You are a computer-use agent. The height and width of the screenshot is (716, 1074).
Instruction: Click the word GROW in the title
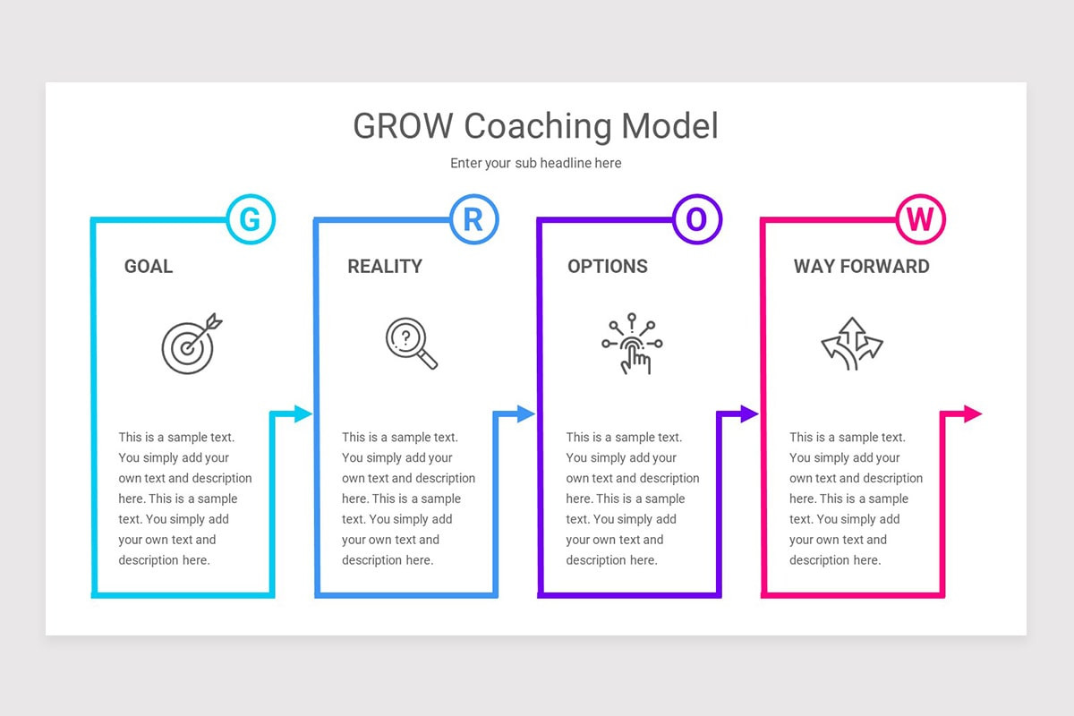click(404, 126)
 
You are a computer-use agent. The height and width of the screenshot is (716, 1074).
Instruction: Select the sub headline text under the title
click(535, 163)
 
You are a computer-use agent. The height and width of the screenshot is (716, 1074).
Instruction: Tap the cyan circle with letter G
click(251, 219)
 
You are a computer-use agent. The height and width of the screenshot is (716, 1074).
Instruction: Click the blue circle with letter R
click(473, 219)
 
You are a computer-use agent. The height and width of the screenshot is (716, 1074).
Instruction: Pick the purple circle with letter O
click(696, 219)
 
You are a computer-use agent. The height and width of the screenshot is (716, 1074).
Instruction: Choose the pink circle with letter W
click(920, 219)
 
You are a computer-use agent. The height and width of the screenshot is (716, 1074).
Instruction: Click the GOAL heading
click(149, 266)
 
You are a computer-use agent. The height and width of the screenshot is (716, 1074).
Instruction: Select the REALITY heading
click(385, 266)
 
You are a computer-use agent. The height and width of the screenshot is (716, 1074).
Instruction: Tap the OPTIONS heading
click(608, 266)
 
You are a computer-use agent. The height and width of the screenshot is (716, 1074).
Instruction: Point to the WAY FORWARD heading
click(861, 266)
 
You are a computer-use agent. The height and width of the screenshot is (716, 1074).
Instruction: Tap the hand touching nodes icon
click(632, 344)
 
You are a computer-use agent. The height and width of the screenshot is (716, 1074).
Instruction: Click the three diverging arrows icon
click(852, 344)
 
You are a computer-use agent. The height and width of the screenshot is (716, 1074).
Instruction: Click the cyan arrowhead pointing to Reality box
click(303, 413)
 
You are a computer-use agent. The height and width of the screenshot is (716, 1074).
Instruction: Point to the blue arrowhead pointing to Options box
click(526, 413)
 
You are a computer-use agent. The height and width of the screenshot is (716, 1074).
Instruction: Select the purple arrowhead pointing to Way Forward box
click(750, 413)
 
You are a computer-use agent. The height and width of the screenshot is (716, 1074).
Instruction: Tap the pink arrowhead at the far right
click(973, 413)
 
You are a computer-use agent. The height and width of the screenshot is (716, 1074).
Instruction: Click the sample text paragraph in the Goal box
click(184, 499)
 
